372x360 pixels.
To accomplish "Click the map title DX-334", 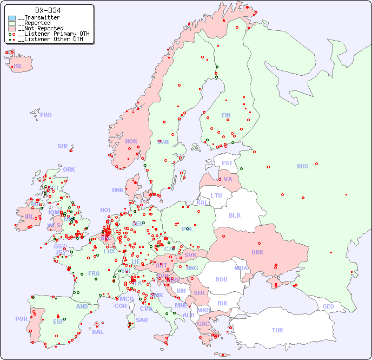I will click(48, 10).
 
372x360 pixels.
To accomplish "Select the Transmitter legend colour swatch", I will click(12, 18).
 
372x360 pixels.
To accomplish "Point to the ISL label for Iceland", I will click(18, 67).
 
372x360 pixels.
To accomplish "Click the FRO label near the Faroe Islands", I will click(46, 115).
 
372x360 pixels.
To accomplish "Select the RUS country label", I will click(302, 166).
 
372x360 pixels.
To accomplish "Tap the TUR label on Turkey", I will click(277, 330).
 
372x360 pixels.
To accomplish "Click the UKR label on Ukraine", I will click(257, 252).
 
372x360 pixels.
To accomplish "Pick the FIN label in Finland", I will click(226, 115).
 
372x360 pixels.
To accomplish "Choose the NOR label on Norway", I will click(131, 141).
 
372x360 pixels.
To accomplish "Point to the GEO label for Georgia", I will click(328, 306).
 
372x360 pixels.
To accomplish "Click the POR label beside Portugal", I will click(21, 319).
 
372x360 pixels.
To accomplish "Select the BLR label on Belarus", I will click(234, 215).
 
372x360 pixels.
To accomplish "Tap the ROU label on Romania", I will click(221, 279).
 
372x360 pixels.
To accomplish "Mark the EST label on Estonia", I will click(227, 163).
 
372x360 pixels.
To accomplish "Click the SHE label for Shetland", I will click(63, 146).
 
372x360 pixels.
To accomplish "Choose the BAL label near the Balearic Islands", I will click(98, 332).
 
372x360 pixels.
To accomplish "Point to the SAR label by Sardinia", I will click(142, 319).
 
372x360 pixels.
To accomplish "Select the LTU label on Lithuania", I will click(216, 195).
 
